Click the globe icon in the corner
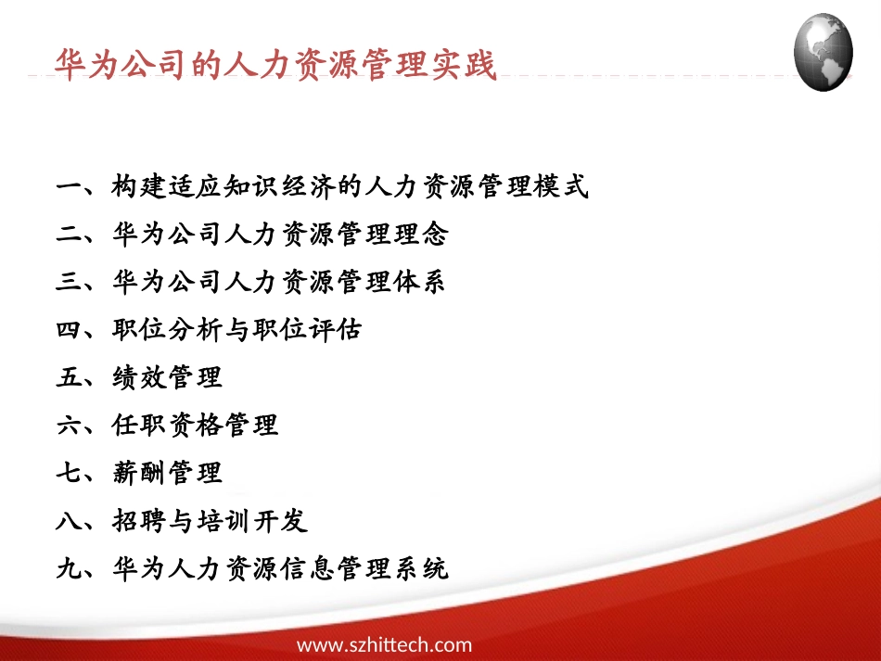[x=824, y=52]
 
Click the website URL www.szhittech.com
[x=384, y=645]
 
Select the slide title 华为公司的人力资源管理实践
[x=276, y=66]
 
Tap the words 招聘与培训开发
[x=209, y=521]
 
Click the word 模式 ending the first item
[x=562, y=187]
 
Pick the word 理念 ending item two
[x=421, y=235]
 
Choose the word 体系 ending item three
[x=421, y=282]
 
